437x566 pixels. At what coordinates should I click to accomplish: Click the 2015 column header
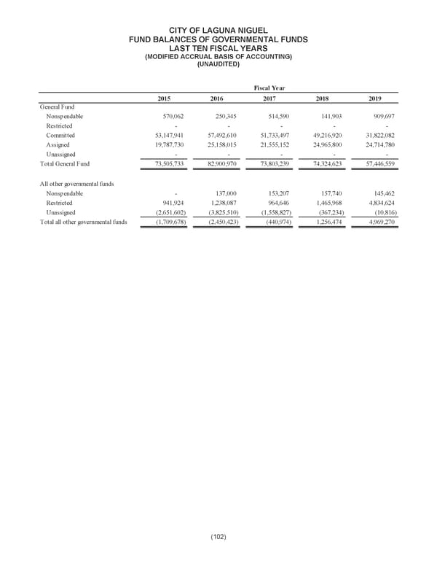(x=165, y=98)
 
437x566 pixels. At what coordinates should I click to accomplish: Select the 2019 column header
(x=374, y=98)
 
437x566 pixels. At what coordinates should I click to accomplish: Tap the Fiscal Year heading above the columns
(x=269, y=88)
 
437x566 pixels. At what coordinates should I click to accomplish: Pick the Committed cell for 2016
(x=217, y=136)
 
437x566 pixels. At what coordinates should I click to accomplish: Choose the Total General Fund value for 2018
(x=321, y=165)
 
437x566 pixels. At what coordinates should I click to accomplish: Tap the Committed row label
(x=60, y=136)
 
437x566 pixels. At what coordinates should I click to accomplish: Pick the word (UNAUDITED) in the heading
(x=218, y=64)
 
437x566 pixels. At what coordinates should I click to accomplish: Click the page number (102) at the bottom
(x=218, y=538)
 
